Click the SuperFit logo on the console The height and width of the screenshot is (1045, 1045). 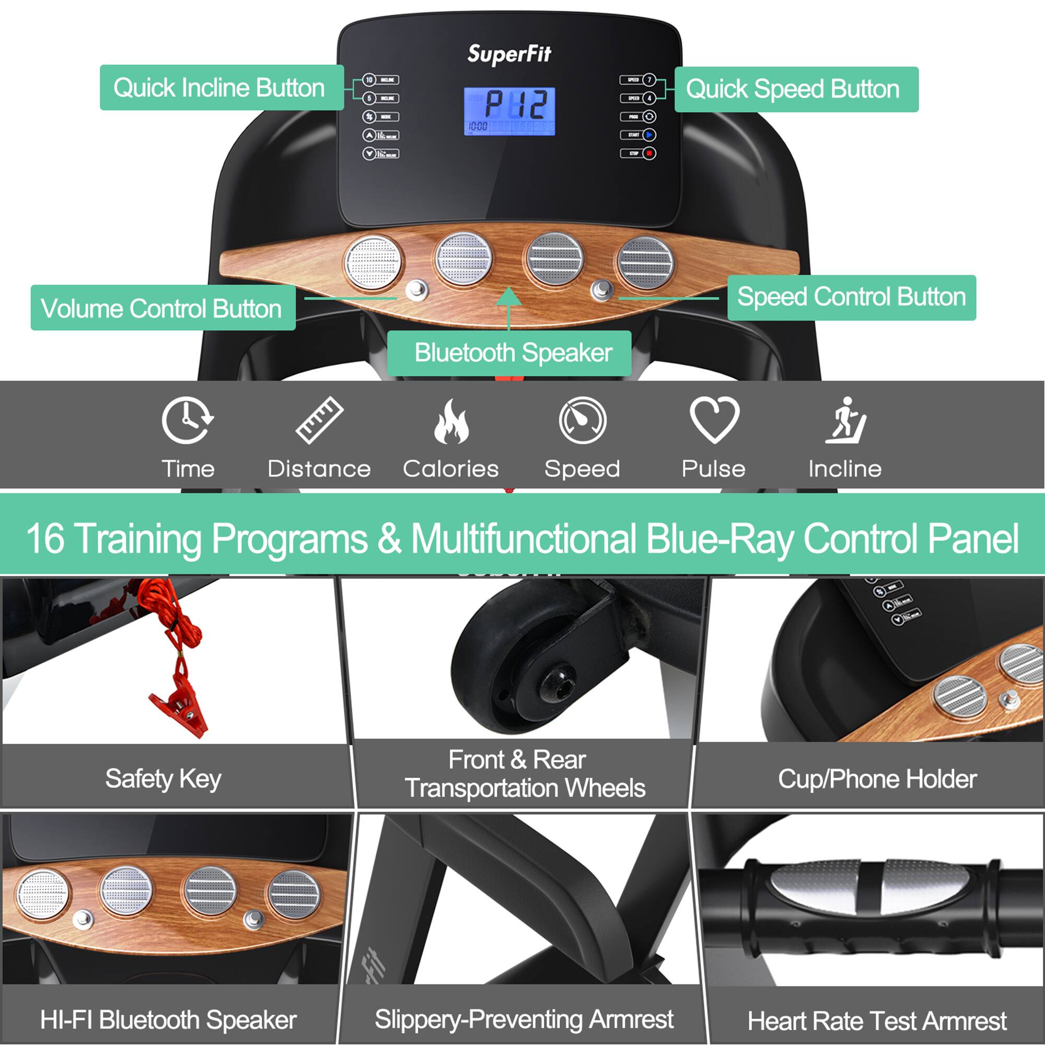tap(509, 54)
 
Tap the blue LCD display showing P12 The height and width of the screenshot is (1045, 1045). tap(509, 111)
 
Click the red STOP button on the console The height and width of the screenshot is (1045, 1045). tap(649, 154)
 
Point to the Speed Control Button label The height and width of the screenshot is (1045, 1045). tap(851, 297)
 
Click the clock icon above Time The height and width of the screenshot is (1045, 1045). tap(187, 420)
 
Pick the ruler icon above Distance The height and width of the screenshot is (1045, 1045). tap(320, 420)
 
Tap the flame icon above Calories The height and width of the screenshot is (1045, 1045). tap(451, 421)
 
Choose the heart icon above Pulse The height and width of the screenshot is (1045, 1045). tap(714, 419)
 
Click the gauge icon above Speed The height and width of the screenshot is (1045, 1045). tap(583, 420)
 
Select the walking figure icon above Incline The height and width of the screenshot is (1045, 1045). tap(846, 420)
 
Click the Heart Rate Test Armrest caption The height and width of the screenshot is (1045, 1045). tap(876, 1020)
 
